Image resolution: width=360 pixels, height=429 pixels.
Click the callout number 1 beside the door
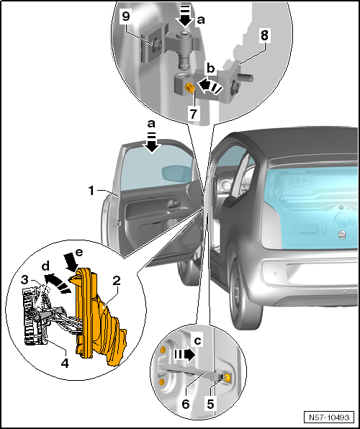click(x=91, y=191)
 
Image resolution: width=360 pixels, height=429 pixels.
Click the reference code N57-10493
click(x=330, y=417)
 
